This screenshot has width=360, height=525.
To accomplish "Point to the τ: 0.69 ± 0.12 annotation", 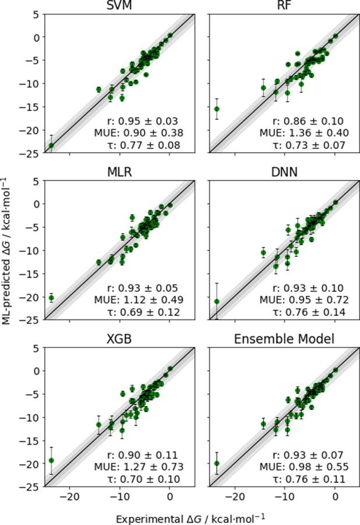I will click(x=144, y=312).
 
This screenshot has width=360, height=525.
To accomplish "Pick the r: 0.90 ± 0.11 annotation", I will click(x=144, y=455).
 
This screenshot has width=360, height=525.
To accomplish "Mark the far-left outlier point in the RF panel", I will click(x=217, y=109).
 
